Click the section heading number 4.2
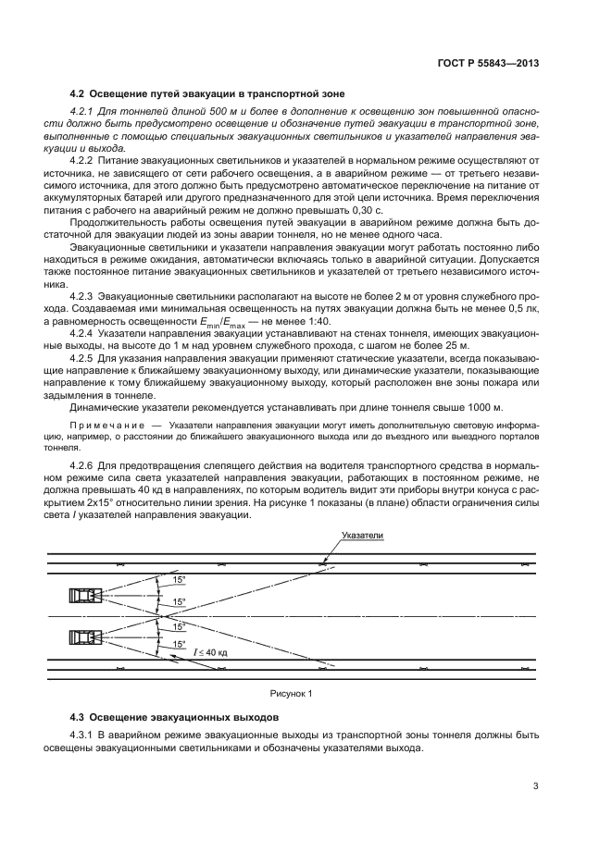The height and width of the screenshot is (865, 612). (79, 93)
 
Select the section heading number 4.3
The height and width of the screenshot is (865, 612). (79, 717)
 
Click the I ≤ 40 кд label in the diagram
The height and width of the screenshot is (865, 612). (209, 652)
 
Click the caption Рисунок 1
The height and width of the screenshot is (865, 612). (292, 692)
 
